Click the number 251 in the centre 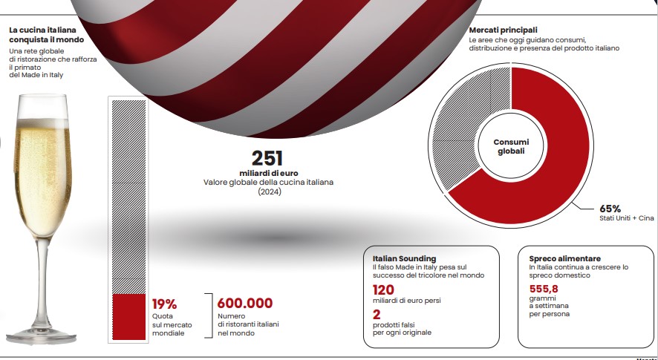[268, 158]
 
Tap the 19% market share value [164, 304]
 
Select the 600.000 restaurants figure [244, 304]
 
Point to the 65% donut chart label [610, 209]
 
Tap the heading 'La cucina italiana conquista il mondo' [42, 34]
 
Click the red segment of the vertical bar [128, 317]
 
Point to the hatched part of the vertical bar [128, 193]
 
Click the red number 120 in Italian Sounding [383, 290]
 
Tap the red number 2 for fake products [376, 315]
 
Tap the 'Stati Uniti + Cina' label [627, 219]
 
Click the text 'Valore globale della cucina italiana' [268, 183]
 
